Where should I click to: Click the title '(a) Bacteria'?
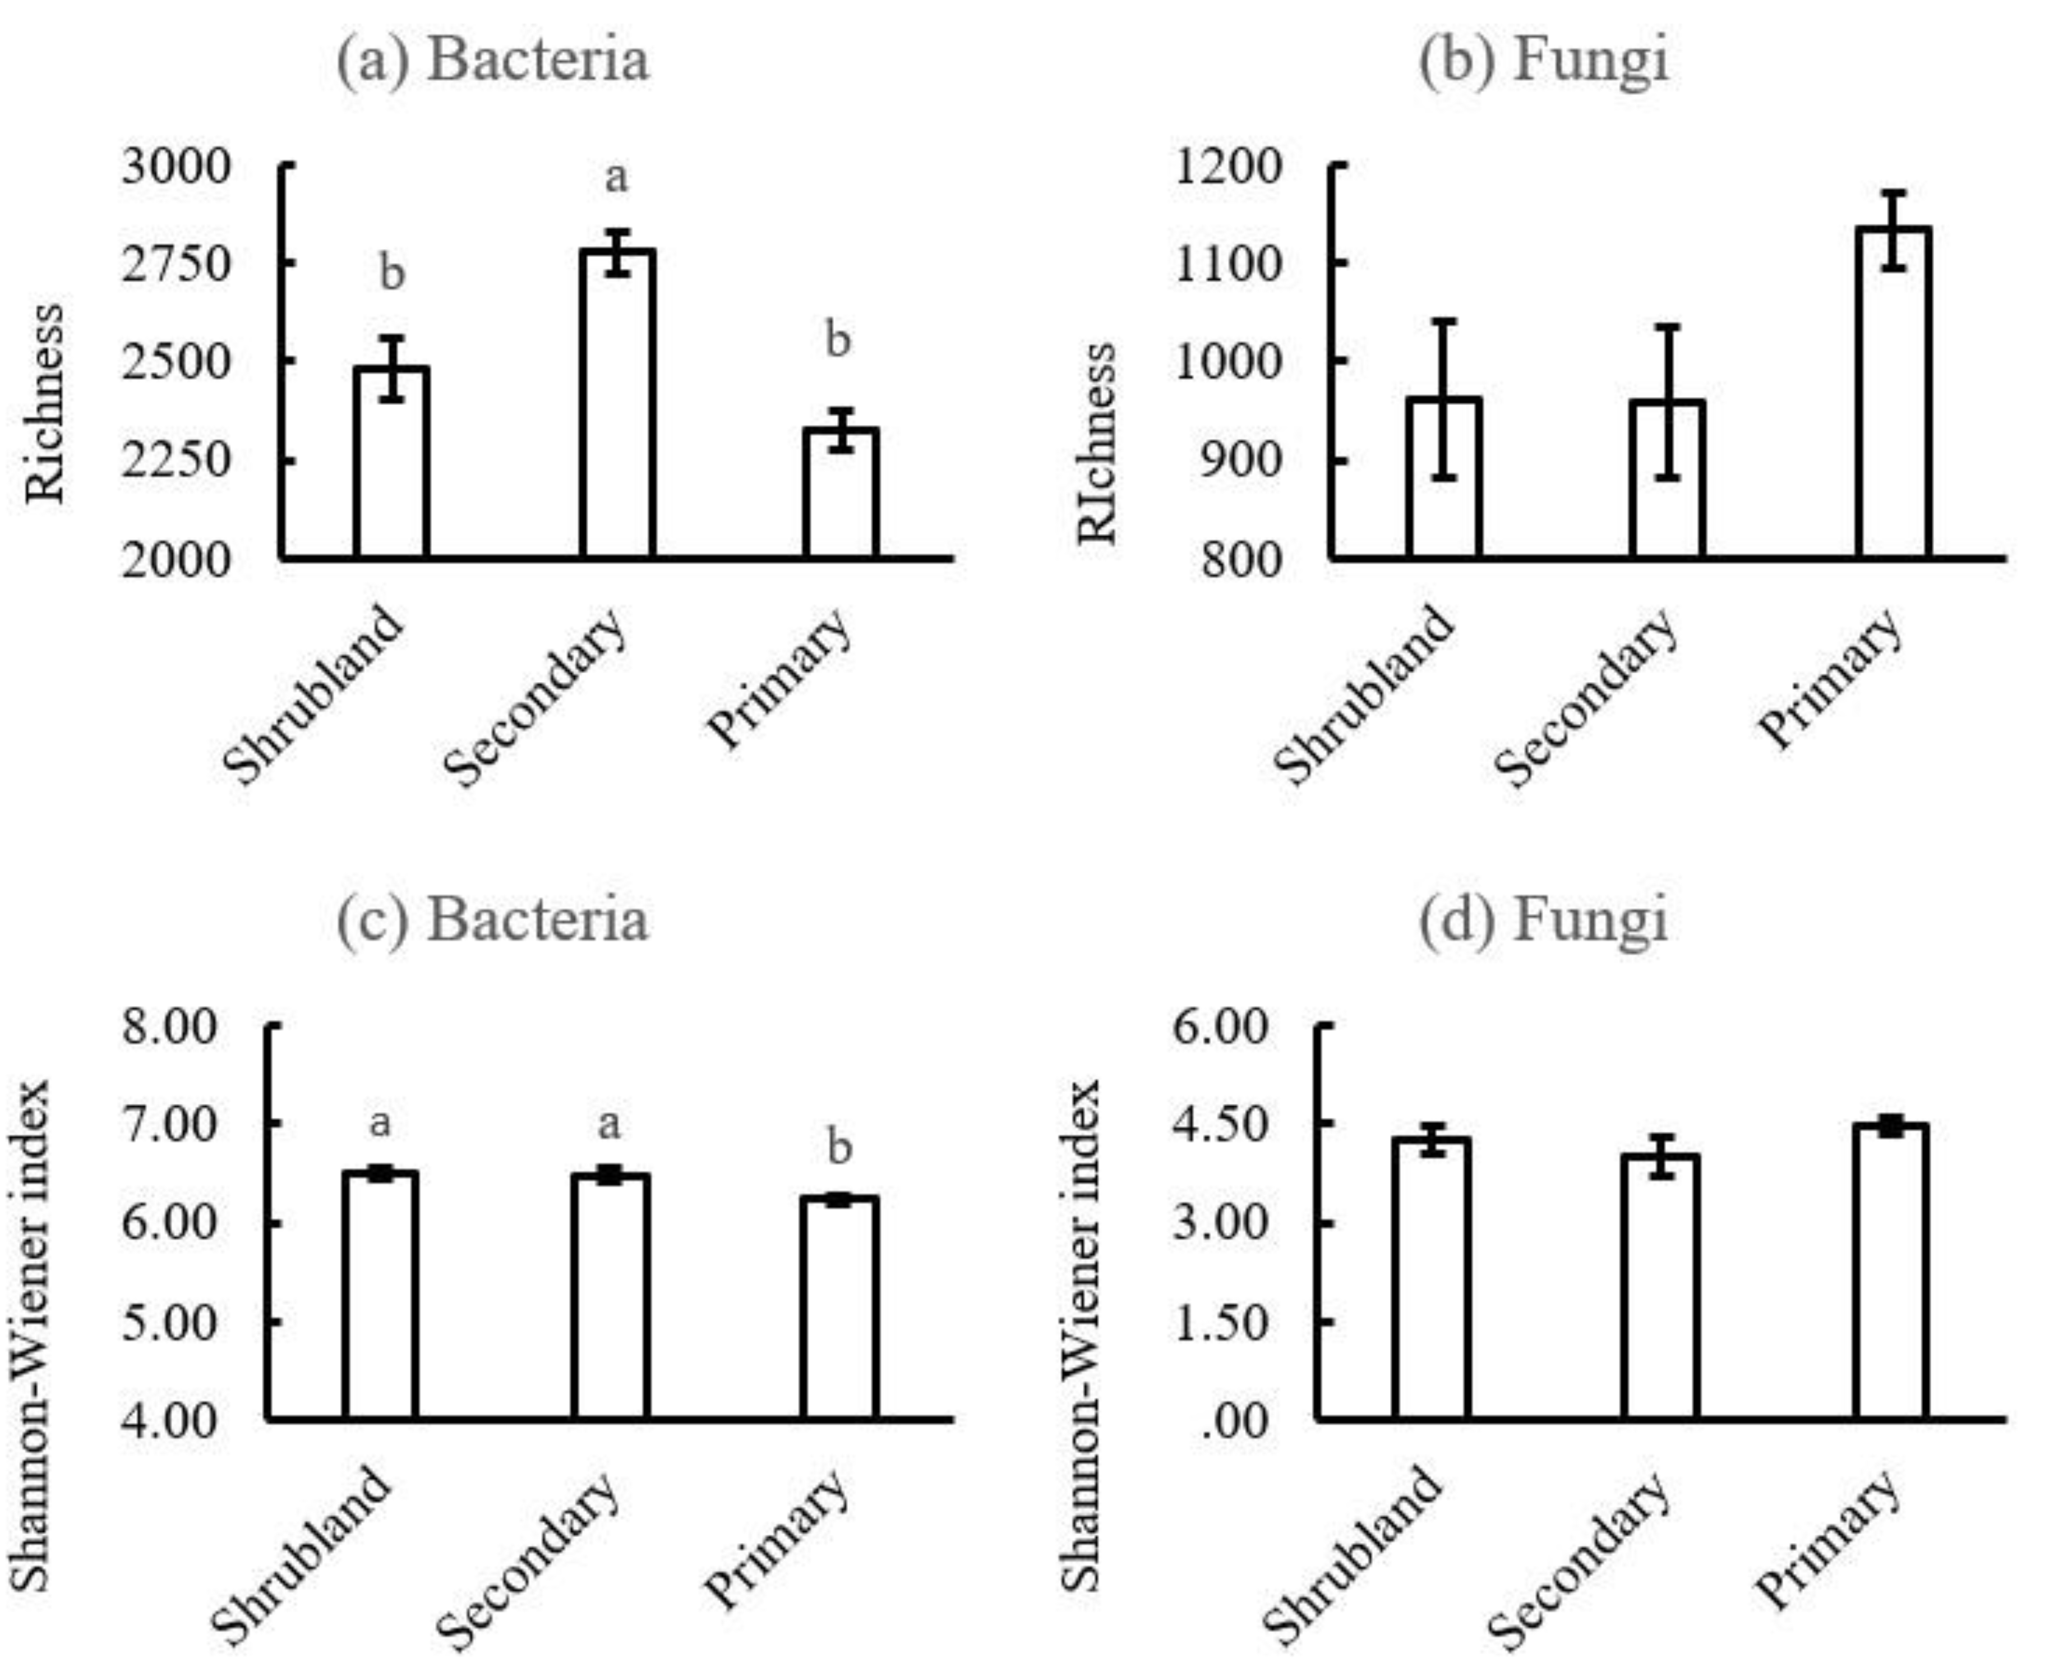point(493,59)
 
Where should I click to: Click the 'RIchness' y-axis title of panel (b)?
point(1097,443)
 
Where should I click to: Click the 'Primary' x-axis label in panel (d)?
point(1829,1540)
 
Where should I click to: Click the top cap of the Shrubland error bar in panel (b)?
point(1443,320)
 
